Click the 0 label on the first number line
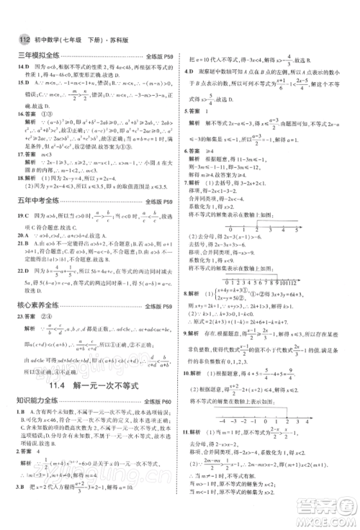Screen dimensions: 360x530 coord(244,232)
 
